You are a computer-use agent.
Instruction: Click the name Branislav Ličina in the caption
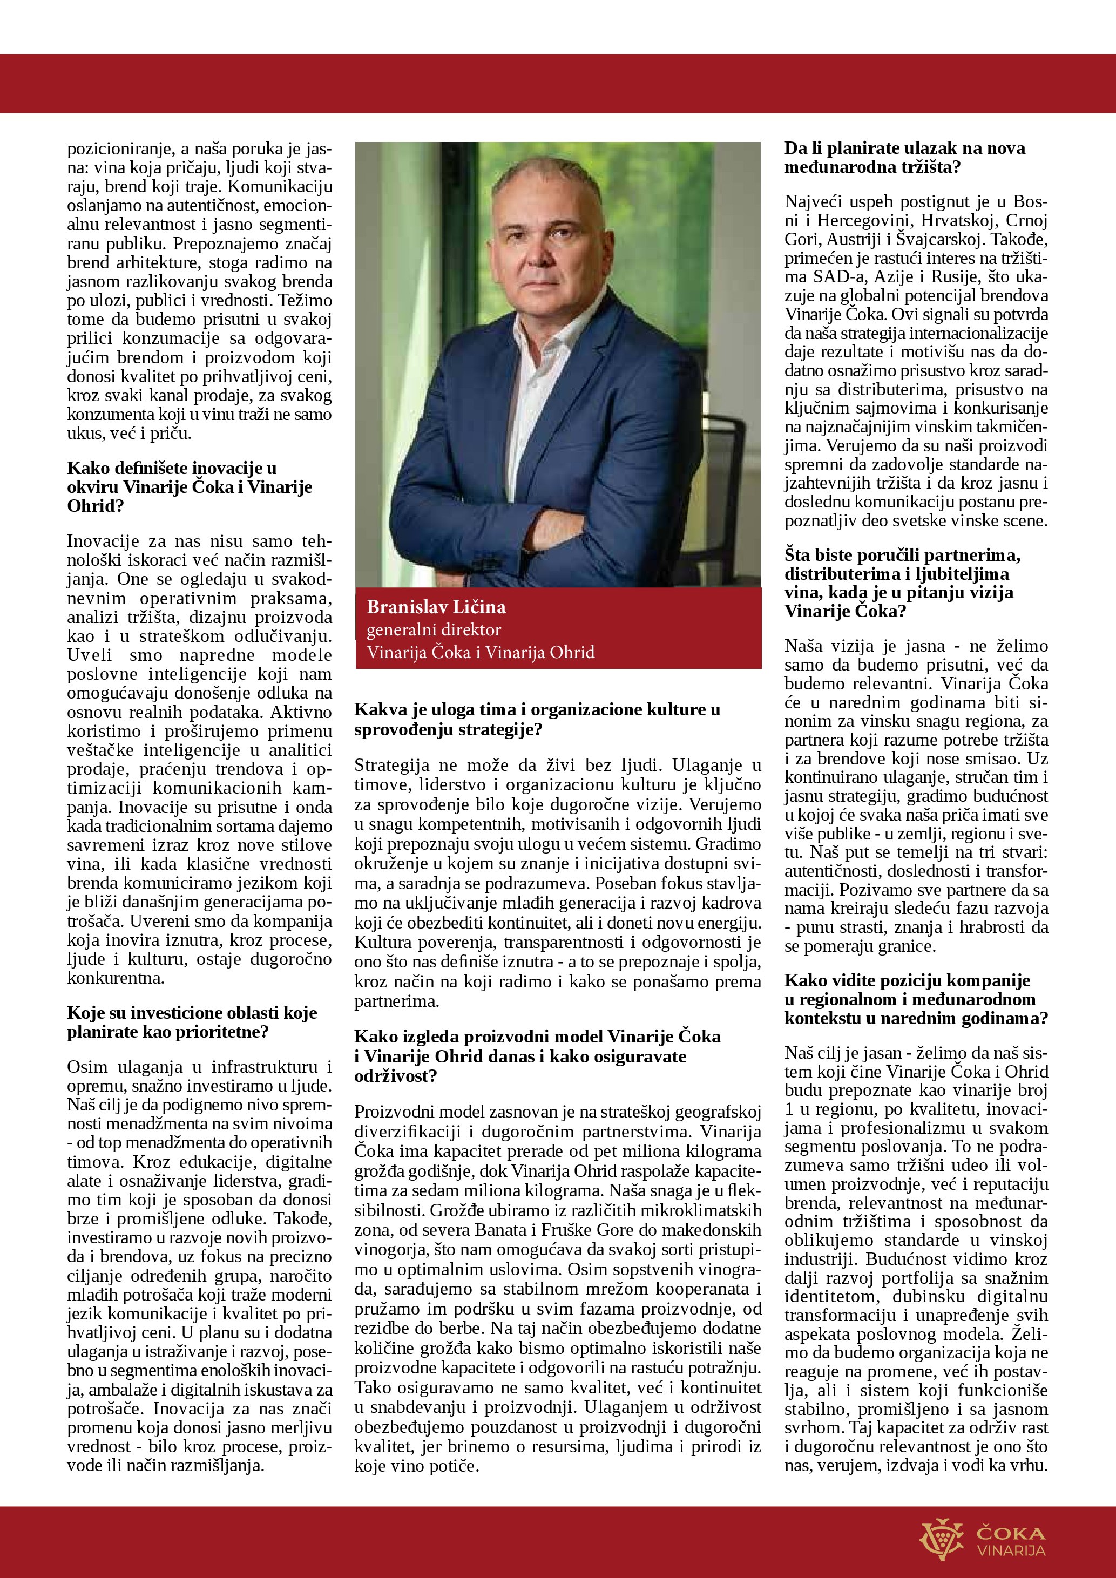point(436,607)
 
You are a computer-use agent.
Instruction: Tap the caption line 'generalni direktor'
point(434,629)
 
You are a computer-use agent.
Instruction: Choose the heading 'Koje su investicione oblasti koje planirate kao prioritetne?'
point(192,1022)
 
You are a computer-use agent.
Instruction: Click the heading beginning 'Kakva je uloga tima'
point(537,719)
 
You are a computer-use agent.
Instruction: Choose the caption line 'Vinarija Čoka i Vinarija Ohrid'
point(481,652)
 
